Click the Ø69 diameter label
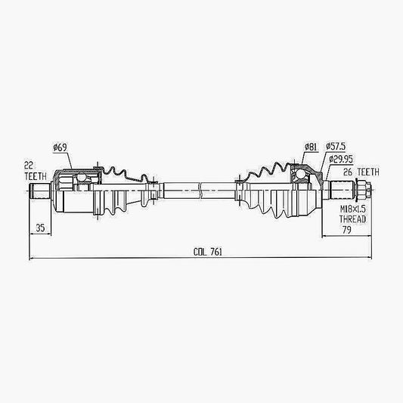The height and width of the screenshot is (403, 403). point(60,147)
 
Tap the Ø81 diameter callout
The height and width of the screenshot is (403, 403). point(311,147)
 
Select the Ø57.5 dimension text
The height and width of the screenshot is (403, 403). point(336,147)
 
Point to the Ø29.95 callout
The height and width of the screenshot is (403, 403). point(341,159)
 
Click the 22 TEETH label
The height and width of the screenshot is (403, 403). point(36,171)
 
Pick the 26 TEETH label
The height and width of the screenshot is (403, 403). point(361,172)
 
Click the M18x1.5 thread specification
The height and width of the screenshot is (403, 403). point(352,209)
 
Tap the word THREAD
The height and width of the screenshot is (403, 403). point(352,219)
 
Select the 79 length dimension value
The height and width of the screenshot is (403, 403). point(346,230)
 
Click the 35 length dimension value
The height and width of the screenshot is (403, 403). point(40,228)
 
